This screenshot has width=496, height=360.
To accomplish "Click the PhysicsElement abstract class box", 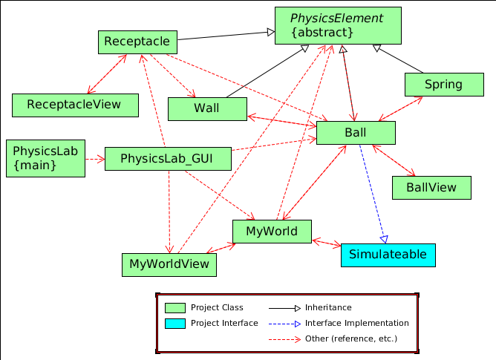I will coord(338,26).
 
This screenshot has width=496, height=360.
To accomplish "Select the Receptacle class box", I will coord(137,42).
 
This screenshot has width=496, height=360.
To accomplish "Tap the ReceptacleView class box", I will coord(75,105).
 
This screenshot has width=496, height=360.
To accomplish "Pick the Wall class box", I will coord(207,108).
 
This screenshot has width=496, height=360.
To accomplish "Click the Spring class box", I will coord(443,85).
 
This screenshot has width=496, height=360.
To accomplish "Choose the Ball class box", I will coord(356,132).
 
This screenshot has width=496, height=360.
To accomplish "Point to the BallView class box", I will coord(431,187).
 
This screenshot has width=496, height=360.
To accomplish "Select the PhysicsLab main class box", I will coord(45,157).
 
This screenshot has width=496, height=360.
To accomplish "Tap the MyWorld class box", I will coord(272,232).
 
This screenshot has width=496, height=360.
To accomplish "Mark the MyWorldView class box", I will coord(169,264).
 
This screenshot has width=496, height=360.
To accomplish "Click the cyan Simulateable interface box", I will coord(388,255).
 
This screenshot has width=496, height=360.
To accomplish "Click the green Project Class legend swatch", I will coord(174,307).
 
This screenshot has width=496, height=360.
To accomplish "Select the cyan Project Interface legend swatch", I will coord(174,324).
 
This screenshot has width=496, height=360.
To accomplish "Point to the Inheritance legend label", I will coord(328,307).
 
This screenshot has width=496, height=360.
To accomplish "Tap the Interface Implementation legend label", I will coord(356,324).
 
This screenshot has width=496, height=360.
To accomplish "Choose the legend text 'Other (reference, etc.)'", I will coord(350,339).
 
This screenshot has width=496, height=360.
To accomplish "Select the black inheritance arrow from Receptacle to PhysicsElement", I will coord(223,35).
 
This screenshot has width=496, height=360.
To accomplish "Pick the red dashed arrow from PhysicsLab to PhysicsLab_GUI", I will coord(94,159).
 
